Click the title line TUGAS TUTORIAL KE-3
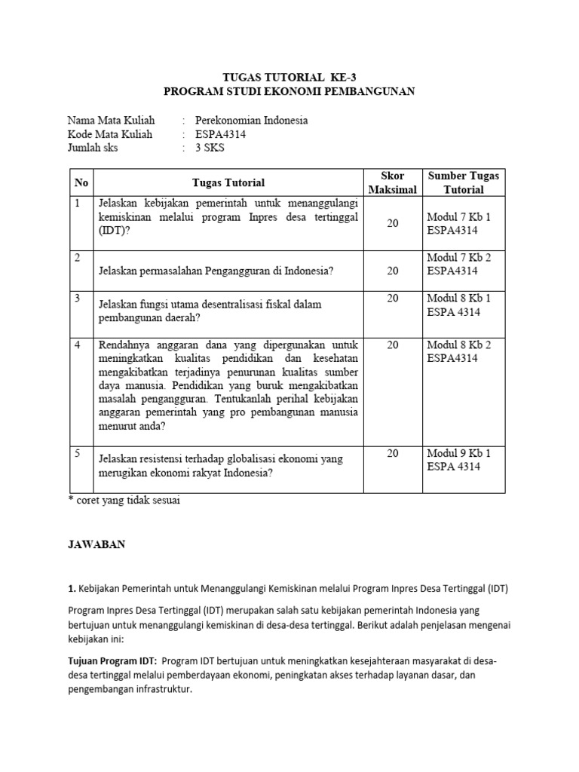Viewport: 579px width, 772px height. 289,77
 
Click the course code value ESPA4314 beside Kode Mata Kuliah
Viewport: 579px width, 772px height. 220,134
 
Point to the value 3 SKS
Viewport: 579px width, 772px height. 210,148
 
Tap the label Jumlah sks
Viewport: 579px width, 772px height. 93,148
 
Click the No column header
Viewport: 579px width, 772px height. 81,182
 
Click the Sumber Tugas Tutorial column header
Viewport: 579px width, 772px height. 463,182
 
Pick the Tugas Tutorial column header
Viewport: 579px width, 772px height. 228,182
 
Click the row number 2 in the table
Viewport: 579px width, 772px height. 78,258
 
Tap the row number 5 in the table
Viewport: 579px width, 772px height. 78,454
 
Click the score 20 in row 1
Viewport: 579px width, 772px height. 393,224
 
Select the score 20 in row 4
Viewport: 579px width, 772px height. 393,345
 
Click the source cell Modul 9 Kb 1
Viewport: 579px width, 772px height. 458,453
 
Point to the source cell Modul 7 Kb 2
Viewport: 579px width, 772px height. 458,257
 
